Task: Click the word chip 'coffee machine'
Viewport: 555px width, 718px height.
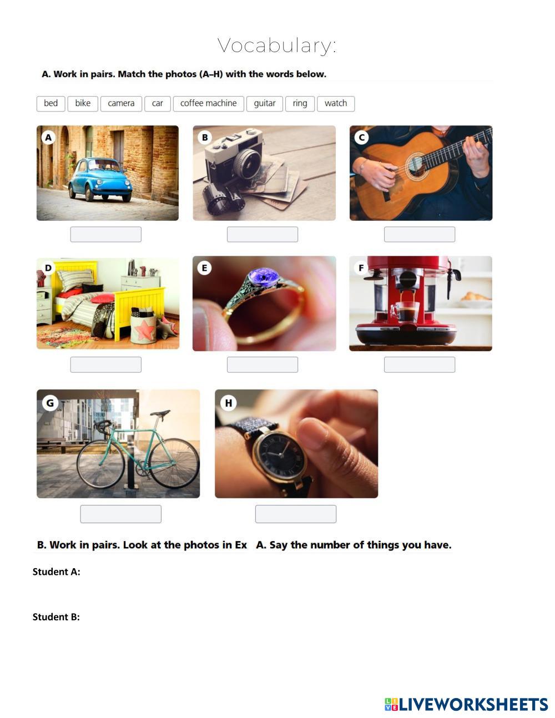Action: click(x=209, y=104)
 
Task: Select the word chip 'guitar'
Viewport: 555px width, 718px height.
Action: click(x=265, y=104)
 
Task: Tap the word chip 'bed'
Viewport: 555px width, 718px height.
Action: click(x=51, y=104)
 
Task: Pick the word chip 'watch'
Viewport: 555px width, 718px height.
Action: click(x=336, y=104)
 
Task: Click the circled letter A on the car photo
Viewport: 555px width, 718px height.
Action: click(x=48, y=138)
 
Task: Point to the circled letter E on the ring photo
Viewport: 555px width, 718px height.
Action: click(x=204, y=267)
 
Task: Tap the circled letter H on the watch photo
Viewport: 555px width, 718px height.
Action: click(x=228, y=403)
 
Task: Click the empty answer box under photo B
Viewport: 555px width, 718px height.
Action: click(x=263, y=234)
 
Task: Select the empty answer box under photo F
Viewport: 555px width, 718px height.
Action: click(x=420, y=365)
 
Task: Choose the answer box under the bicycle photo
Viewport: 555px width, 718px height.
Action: click(x=121, y=514)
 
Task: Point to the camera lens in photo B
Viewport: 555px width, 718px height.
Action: click(x=247, y=164)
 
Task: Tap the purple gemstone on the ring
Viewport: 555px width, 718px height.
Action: click(x=264, y=277)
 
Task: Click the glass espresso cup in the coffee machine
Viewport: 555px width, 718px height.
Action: click(x=406, y=312)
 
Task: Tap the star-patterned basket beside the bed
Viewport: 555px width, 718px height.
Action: click(x=144, y=328)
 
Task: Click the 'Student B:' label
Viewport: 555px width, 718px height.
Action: click(x=56, y=617)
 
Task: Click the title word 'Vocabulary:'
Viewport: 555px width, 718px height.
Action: click(x=277, y=45)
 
